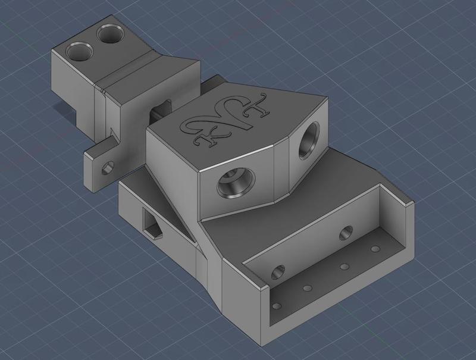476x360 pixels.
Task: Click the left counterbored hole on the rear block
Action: [79, 52]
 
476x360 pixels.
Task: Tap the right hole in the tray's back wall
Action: [346, 233]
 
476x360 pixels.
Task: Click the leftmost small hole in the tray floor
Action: [277, 307]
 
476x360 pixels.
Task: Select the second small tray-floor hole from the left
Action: [308, 289]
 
